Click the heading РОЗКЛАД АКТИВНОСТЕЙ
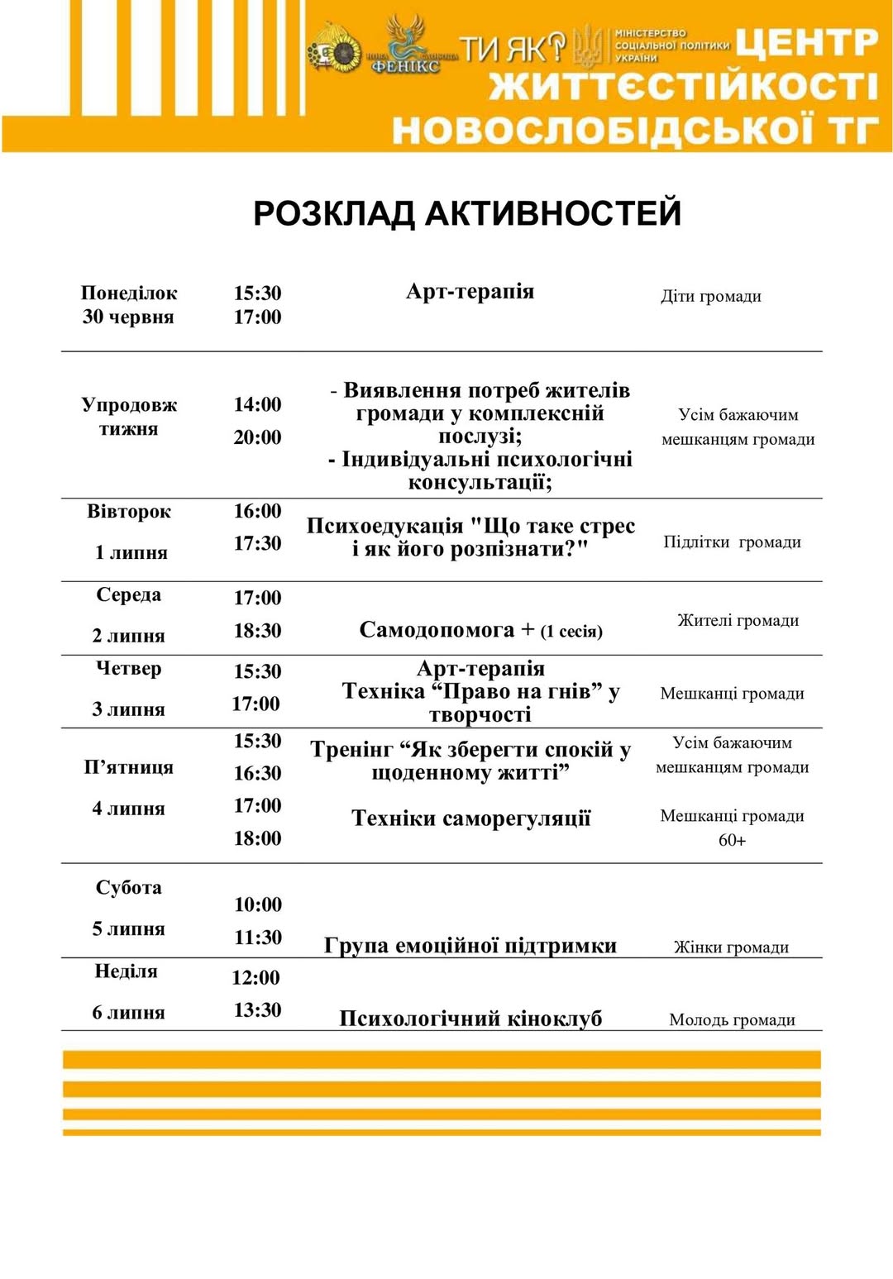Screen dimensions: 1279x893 [x=467, y=213]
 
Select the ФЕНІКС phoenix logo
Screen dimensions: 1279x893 [x=405, y=46]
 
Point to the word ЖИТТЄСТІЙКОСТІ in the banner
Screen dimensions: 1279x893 [x=682, y=86]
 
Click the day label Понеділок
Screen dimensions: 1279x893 [x=129, y=293]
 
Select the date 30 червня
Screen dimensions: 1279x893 [x=128, y=317]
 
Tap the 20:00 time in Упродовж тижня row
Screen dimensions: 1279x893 [x=257, y=437]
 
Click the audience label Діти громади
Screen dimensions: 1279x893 [x=711, y=296]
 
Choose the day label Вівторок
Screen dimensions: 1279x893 [x=129, y=511]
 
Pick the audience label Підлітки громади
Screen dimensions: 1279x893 [x=732, y=542]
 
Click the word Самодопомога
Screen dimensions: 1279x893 [x=437, y=630]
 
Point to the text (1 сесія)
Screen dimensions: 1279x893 [x=571, y=632]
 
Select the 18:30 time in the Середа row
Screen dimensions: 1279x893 [x=257, y=631]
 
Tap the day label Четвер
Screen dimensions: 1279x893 [x=129, y=668]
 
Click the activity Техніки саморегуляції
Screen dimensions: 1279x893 [x=470, y=818]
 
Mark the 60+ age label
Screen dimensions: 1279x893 [x=732, y=840]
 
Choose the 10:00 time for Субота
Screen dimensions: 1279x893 [x=258, y=904]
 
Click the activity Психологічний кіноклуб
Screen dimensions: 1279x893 [x=470, y=1019]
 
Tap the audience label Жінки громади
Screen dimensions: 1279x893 [x=731, y=947]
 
